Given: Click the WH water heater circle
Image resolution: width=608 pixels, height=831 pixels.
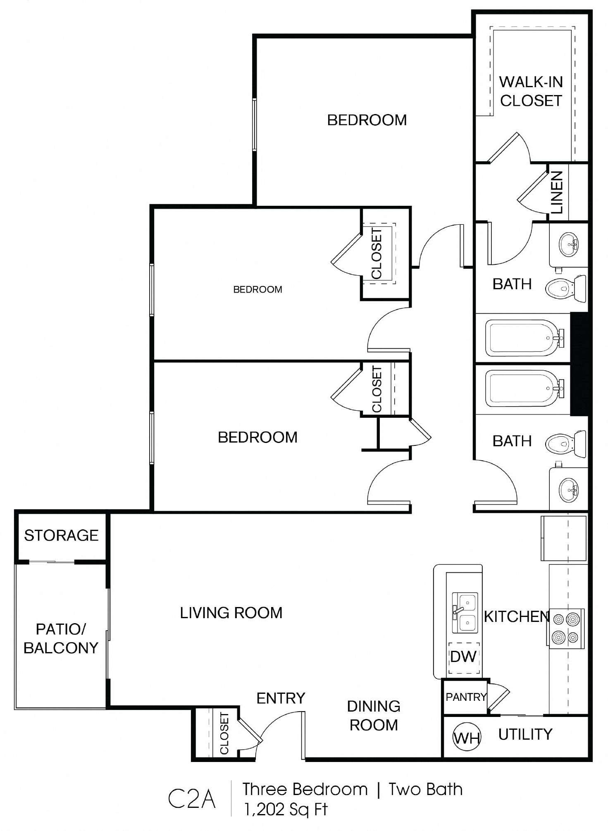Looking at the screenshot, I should (467, 738).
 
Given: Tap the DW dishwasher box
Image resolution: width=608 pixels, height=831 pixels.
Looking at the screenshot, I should (463, 657).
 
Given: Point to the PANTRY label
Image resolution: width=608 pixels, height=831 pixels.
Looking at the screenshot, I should (466, 697).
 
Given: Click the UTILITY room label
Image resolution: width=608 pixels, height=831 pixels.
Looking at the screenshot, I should (525, 734).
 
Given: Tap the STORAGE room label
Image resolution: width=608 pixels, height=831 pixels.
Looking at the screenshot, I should (61, 536).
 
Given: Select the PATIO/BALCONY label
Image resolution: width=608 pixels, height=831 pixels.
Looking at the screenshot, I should (61, 638).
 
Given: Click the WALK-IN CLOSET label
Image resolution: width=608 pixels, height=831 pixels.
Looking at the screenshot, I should (531, 91).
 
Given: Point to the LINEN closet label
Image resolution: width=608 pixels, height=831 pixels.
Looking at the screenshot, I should (557, 192).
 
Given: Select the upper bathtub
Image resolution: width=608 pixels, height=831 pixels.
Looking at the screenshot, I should (523, 338).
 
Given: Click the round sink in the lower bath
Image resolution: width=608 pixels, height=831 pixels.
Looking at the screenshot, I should (569, 490).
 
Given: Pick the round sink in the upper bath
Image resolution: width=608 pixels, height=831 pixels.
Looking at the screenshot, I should (569, 244).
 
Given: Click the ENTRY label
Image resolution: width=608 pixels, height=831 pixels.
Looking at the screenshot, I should (281, 698).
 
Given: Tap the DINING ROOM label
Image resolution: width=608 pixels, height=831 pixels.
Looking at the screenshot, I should (374, 716).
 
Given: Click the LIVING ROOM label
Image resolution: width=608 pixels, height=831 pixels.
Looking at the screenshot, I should (231, 612).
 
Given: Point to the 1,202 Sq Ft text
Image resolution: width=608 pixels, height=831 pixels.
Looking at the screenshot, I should (286, 809).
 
